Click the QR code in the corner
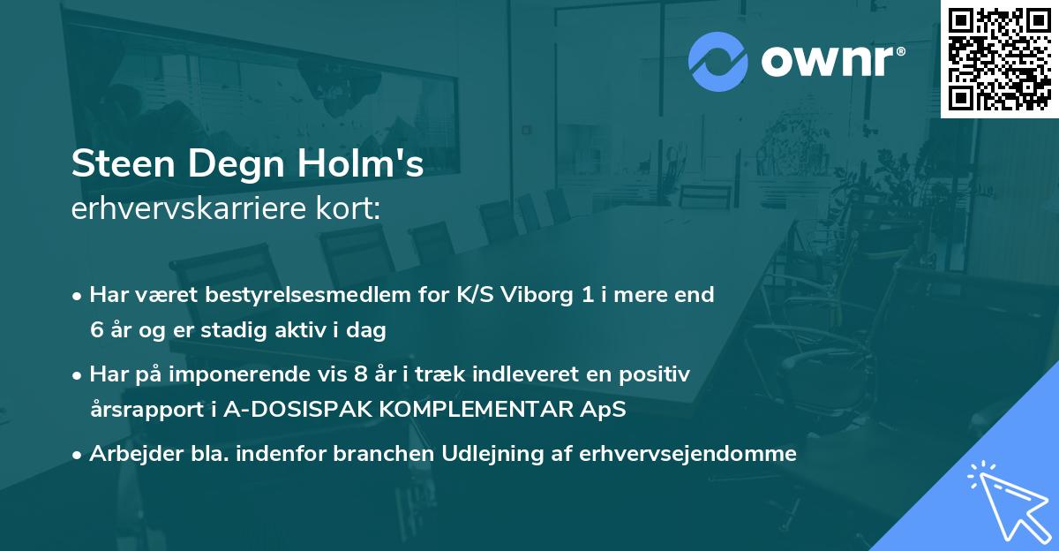pos(999,58)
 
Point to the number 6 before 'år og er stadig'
pos(95,330)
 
